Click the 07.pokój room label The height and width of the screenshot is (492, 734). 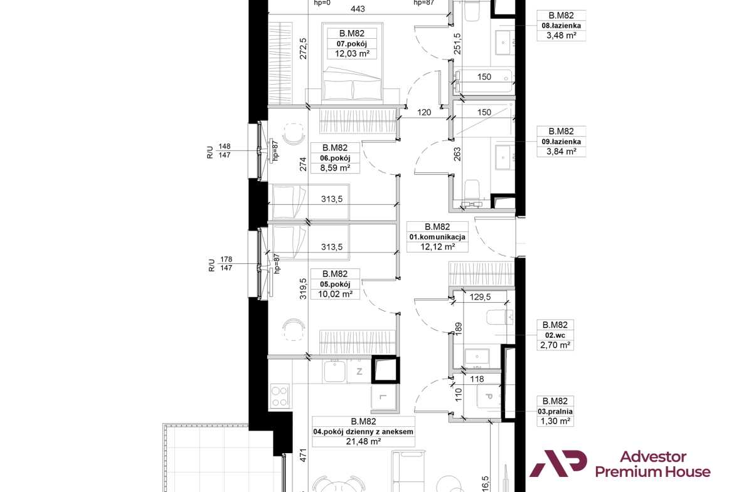click(351, 43)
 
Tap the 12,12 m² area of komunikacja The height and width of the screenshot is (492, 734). click(437, 247)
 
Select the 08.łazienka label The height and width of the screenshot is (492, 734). click(561, 26)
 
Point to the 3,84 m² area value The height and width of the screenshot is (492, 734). click(561, 152)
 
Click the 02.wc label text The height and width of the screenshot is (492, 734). click(555, 335)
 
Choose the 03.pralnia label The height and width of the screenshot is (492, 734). click(555, 412)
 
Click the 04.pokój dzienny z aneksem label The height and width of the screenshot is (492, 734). click(363, 432)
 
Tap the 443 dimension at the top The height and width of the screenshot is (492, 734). click(358, 8)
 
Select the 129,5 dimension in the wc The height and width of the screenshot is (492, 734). click(481, 297)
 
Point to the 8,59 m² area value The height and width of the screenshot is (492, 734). click(335, 168)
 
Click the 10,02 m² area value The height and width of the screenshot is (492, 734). click(335, 294)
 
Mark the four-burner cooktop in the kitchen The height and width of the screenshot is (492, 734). click(280, 396)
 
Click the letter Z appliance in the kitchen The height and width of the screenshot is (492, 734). click(359, 372)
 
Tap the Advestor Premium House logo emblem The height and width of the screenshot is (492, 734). click(558, 463)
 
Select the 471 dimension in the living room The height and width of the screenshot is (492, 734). click(303, 456)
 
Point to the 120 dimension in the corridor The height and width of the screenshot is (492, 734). click(424, 112)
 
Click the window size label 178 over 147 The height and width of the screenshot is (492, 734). click(226, 264)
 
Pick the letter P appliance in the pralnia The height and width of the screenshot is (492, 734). click(489, 397)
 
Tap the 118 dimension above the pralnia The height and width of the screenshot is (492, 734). click(477, 379)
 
